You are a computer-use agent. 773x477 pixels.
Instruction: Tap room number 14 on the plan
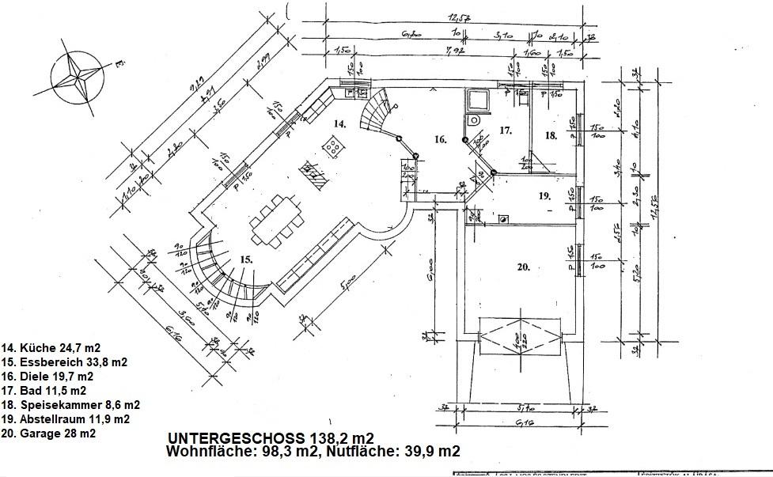pos(339,124)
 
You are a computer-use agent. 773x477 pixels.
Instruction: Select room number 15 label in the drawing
pos(246,259)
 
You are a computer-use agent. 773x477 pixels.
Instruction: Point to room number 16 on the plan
pos(441,140)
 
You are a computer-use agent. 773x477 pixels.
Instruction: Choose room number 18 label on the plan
pos(551,136)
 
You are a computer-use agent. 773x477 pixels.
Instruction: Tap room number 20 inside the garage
pos(523,267)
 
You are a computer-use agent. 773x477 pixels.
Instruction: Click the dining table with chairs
pos(277,218)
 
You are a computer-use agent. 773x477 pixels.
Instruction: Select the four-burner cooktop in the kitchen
pos(334,146)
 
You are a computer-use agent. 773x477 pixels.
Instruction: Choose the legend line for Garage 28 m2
pos(49,433)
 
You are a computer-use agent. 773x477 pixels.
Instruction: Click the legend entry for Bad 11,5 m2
pos(44,391)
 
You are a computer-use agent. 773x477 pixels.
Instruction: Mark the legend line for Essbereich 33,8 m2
pos(65,362)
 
